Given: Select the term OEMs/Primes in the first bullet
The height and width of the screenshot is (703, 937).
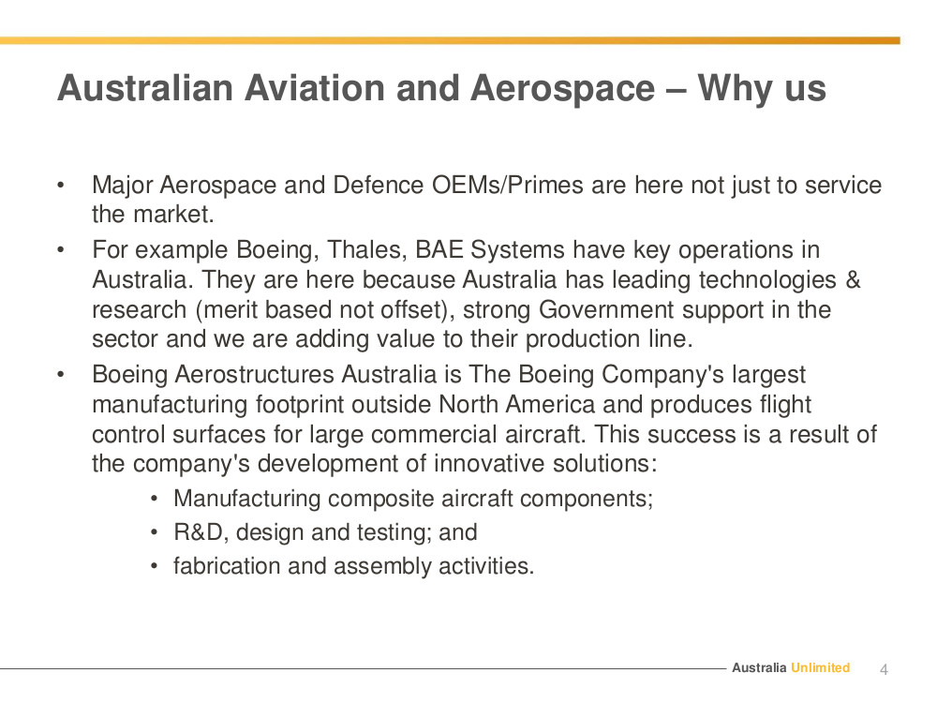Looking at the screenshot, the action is (507, 186).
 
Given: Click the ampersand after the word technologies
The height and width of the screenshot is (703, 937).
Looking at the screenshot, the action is (854, 279).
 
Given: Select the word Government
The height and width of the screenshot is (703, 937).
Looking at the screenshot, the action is (606, 309).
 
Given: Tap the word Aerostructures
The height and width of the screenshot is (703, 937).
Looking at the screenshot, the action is (254, 375).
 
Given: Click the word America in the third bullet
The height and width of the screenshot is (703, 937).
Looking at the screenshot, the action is (550, 405).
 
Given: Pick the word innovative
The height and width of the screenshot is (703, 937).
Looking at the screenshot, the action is (489, 464).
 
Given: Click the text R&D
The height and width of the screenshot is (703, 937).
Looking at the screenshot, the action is (199, 532).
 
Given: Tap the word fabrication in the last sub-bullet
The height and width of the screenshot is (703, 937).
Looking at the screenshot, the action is (227, 566).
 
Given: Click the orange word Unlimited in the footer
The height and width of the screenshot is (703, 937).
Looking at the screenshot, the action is (820, 667).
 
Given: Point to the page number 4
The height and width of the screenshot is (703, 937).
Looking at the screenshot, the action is (884, 669).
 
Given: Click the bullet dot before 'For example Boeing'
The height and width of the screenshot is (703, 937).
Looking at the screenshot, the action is (60, 250).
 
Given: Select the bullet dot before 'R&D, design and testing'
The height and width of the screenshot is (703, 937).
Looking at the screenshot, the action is (155, 532).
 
